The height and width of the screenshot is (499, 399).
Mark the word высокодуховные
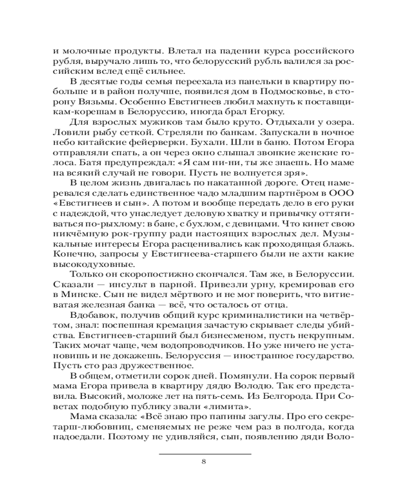[88, 264]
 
